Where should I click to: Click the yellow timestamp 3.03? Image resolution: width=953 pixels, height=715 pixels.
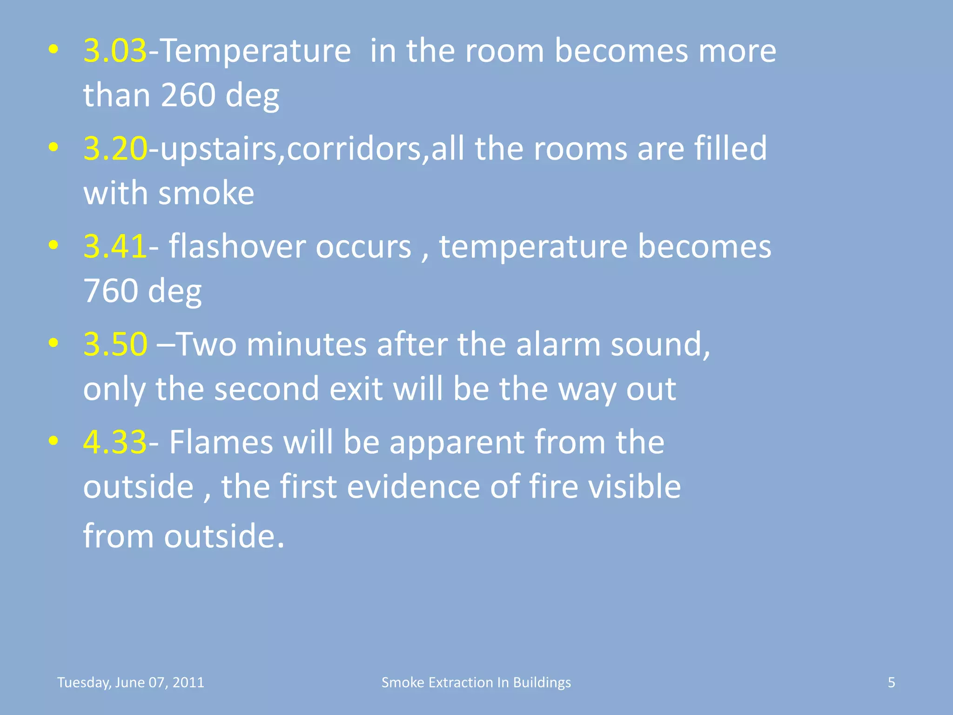click(x=115, y=51)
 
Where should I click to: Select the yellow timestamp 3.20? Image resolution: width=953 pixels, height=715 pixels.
click(x=115, y=149)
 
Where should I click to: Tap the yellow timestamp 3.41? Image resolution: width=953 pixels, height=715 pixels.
click(x=115, y=247)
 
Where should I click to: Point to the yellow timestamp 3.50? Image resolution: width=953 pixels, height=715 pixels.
click(x=115, y=345)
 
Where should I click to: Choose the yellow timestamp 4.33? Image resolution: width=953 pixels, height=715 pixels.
click(x=115, y=442)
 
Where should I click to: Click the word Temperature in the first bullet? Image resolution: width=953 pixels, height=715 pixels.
click(x=255, y=51)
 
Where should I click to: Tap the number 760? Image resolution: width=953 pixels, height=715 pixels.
click(x=110, y=291)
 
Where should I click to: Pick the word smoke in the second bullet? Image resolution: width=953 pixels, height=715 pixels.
click(x=206, y=193)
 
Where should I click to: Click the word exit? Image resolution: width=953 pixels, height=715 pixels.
click(x=356, y=389)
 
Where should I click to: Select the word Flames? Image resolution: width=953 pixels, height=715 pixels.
click(x=221, y=442)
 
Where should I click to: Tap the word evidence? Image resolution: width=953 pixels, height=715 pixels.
click(x=413, y=487)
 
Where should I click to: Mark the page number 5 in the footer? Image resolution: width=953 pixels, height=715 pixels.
click(x=891, y=682)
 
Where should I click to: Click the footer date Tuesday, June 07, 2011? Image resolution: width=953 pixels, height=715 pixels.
click(x=131, y=682)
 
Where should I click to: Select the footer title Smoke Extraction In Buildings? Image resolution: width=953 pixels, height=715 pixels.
click(x=476, y=682)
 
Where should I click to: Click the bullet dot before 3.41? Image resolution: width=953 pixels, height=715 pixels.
click(x=54, y=245)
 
